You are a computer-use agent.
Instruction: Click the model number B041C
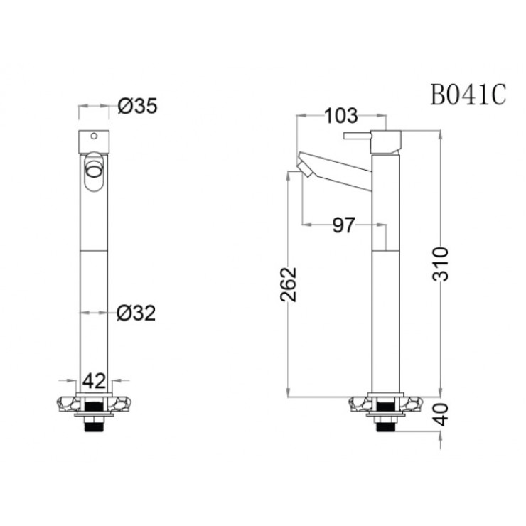[468, 95]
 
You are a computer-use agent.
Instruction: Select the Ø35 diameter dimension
[136, 107]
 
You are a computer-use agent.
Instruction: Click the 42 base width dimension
[97, 380]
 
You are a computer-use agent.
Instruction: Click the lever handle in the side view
[359, 135]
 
